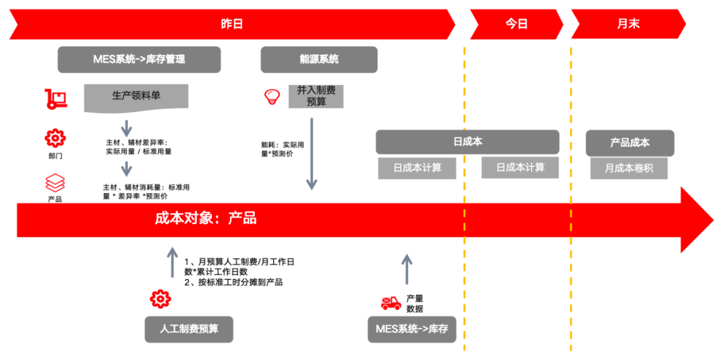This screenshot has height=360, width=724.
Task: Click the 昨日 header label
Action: [232, 24]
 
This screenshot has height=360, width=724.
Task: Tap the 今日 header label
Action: [516, 24]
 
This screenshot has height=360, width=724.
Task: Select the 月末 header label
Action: [628, 24]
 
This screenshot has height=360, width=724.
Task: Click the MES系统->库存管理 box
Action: [139, 59]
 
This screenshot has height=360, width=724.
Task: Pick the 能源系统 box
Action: [318, 59]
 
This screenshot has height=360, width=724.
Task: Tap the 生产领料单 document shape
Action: [136, 97]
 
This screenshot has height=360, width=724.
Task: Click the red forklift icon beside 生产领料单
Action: [56, 99]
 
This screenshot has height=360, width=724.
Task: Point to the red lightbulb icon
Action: [271, 97]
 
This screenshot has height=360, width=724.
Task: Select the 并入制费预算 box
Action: [316, 96]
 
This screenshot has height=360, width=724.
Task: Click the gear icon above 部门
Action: [55, 138]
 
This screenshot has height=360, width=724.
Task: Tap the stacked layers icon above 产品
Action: [55, 182]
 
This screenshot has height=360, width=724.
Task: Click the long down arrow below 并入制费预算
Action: [312, 154]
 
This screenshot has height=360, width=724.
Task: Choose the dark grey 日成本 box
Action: [467, 142]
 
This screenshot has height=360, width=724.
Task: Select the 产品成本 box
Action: [629, 143]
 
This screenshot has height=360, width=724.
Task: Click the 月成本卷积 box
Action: [629, 168]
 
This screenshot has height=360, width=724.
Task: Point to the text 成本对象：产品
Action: [206, 219]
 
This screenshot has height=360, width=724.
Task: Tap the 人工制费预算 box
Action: [189, 329]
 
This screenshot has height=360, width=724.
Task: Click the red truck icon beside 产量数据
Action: [391, 303]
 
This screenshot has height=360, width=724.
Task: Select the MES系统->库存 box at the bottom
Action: [412, 329]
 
